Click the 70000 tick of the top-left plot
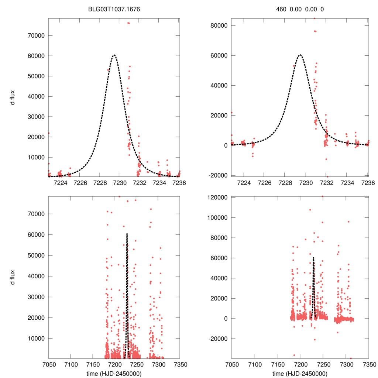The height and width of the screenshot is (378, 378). pyautogui.click(x=37, y=35)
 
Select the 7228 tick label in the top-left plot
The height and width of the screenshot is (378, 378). pyautogui.click(x=100, y=182)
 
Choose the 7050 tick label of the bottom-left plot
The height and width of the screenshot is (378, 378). pyautogui.click(x=48, y=365)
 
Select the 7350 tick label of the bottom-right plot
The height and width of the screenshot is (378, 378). pyautogui.click(x=368, y=365)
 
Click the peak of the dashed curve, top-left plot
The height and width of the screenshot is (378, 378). pyautogui.click(x=114, y=55)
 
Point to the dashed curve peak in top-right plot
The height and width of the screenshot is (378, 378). pyautogui.click(x=300, y=55)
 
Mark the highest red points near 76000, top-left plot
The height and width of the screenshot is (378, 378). pyautogui.click(x=128, y=23)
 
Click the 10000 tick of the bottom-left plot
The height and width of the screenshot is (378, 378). pyautogui.click(x=37, y=338)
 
